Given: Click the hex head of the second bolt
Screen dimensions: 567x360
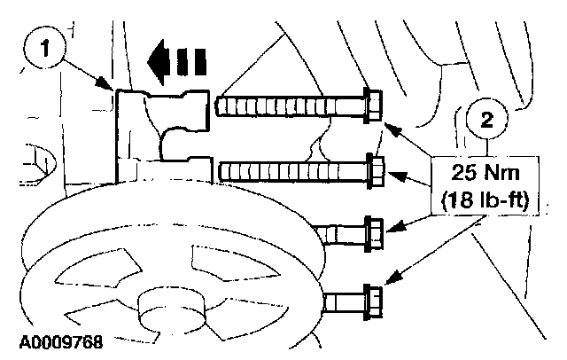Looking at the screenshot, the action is (373, 170).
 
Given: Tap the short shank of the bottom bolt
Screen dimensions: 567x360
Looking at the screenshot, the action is (344, 302).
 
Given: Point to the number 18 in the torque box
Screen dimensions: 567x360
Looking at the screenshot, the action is (462, 200).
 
